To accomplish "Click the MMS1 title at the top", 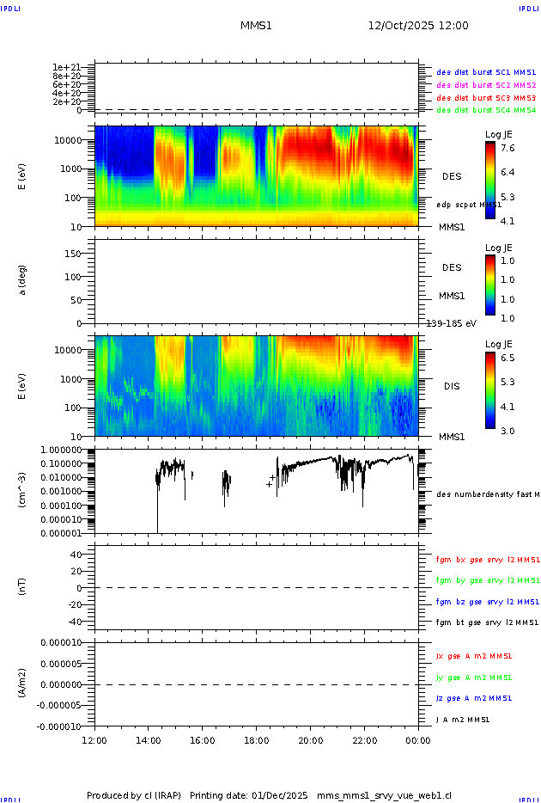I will click(256, 26).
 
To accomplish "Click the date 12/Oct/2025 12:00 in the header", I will click(418, 26).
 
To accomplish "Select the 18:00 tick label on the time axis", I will click(256, 739).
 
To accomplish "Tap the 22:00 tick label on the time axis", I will click(364, 739).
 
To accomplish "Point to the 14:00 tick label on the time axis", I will click(149, 739).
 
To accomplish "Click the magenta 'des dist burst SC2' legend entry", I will click(486, 85).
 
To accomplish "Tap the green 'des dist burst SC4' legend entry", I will click(486, 110).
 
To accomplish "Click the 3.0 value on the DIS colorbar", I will click(508, 431).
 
